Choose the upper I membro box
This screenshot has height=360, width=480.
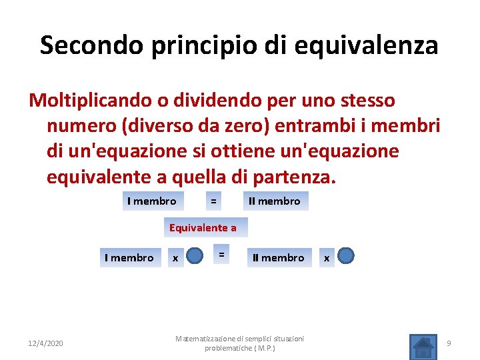(151, 201)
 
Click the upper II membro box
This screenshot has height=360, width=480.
(274, 201)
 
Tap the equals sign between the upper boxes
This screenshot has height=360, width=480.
(213, 201)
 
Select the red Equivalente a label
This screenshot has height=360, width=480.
(203, 227)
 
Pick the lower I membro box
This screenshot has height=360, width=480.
(129, 257)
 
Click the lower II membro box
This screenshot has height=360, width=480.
(278, 257)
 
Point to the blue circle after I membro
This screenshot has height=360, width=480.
(195, 257)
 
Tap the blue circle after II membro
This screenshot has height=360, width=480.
(346, 257)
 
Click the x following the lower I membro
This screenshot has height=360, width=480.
(175, 258)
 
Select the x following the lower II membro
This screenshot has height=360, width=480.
(326, 258)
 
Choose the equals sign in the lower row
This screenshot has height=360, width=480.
(221, 255)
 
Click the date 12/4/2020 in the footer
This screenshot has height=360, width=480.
(47, 343)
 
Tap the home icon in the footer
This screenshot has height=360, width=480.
(421, 345)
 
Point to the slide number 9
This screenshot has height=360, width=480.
(449, 343)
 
